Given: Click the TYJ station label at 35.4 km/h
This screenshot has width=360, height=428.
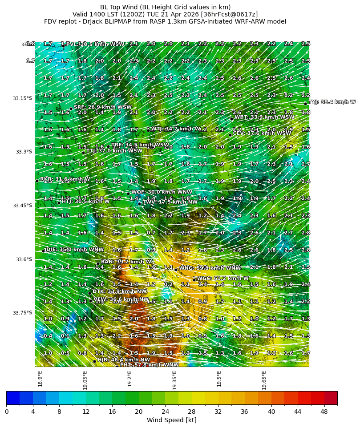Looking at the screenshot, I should point(332,102).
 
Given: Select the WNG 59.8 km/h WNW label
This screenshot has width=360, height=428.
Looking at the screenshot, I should point(210,268).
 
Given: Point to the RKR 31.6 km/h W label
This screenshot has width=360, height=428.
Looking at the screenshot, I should point(65,179).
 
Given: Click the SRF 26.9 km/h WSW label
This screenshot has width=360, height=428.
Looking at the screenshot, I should point(103,107).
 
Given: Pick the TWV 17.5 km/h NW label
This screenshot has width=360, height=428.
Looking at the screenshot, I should point(170,202).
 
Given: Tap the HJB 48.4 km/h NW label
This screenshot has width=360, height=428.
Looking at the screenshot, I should point(124,359).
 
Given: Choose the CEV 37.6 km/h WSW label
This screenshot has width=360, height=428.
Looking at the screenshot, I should point(262,133).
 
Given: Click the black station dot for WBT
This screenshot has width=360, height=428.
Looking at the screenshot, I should point(231,119).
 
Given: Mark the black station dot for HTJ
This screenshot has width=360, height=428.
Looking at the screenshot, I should point(59,203).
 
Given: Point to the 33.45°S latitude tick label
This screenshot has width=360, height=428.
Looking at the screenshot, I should point(22,206).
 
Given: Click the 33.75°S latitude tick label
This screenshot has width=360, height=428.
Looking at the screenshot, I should point(22,313).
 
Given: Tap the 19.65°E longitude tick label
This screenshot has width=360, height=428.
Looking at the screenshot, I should point(264,380).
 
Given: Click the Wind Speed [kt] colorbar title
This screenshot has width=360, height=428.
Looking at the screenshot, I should point(171,420).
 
